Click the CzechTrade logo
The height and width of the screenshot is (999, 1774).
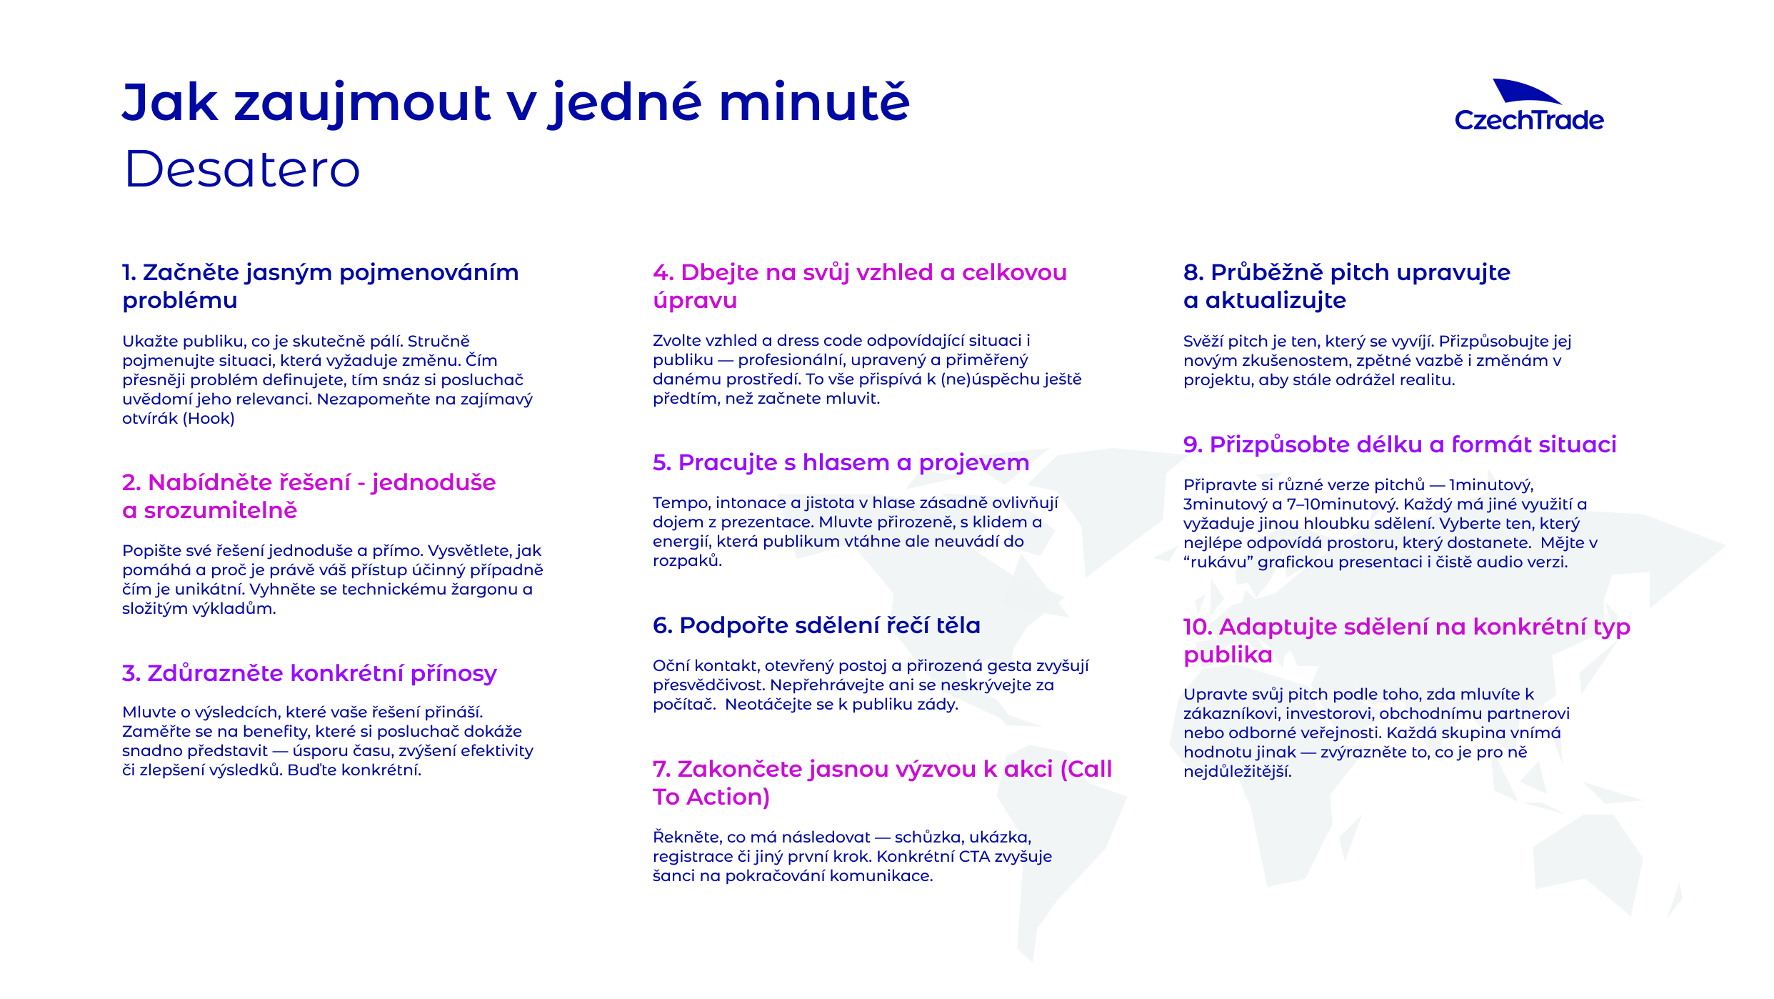click(1529, 106)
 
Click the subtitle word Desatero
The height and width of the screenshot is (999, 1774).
click(242, 169)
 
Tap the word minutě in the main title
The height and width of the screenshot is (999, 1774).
click(814, 101)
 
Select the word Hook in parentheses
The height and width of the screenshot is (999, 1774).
click(209, 419)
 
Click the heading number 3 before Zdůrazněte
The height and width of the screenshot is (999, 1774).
click(131, 673)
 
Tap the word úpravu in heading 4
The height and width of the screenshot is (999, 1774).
click(695, 301)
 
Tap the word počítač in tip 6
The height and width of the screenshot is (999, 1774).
click(683, 705)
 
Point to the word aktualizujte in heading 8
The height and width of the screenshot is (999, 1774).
click(1276, 301)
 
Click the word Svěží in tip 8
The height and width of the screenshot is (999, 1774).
click(1203, 342)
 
